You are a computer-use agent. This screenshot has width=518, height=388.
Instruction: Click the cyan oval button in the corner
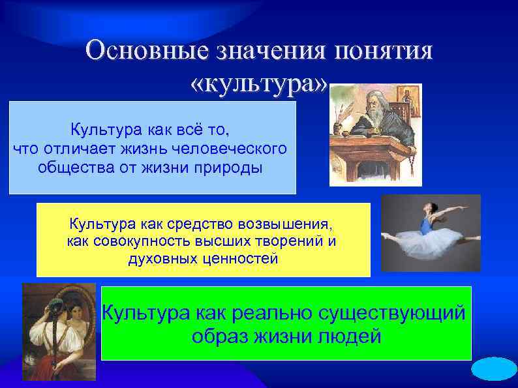point(494,369)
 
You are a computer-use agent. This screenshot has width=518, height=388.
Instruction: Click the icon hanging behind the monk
point(408,98)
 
